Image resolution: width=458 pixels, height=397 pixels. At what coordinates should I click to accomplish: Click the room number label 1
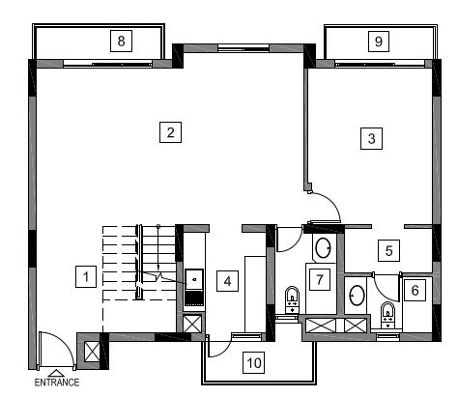86,276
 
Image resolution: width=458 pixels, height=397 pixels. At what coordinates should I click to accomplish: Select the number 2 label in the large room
170,132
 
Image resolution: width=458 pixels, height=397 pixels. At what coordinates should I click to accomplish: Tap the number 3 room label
371,138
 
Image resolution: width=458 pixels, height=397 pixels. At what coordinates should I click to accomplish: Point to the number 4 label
227,281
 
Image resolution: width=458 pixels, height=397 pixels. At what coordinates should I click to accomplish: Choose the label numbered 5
388,250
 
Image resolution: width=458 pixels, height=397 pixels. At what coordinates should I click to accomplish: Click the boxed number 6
415,290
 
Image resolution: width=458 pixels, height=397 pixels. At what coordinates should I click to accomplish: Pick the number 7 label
319,279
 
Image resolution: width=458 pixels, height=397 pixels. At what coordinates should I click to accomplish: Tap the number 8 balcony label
121,41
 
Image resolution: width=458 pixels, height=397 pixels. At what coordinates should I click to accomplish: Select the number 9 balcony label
379,42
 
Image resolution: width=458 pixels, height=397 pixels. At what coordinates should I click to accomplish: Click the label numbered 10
254,362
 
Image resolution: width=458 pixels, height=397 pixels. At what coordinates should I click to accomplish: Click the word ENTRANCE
57,383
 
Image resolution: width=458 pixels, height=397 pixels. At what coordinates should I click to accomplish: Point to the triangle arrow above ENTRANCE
56,373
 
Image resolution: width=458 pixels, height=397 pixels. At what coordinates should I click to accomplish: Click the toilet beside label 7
292,299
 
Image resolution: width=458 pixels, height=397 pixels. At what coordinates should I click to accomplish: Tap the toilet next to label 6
387,315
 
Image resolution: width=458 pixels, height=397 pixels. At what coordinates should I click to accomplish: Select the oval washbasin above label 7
323,248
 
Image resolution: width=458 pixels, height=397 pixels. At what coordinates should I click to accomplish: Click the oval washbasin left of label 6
358,295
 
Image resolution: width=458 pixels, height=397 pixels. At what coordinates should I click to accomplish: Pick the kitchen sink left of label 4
194,279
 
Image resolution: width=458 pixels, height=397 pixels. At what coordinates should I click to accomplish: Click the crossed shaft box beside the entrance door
92,352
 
